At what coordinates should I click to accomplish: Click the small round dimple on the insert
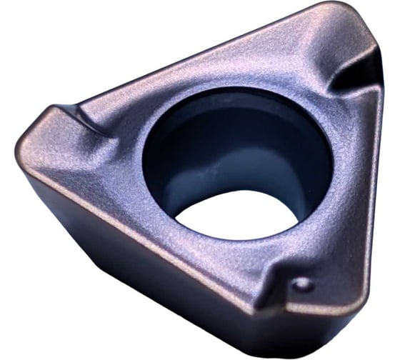(x=303, y=284)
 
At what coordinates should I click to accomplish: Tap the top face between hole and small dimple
(x=286, y=243)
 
